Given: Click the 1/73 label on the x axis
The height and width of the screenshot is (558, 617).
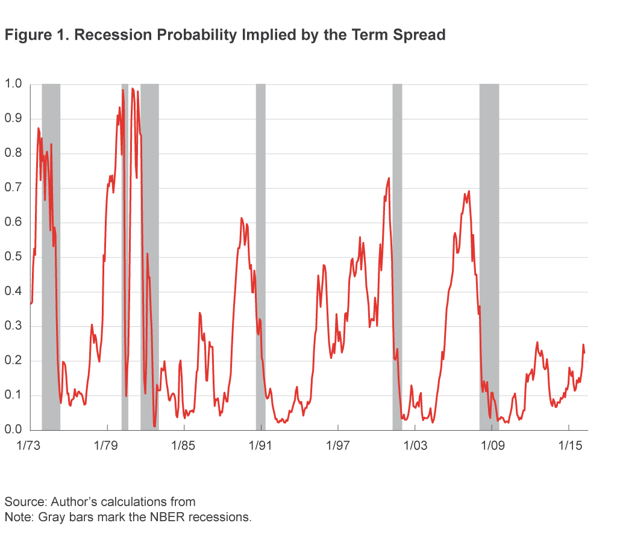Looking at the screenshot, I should [x=30, y=446].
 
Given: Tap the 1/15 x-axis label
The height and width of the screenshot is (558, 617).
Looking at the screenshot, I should [x=569, y=446].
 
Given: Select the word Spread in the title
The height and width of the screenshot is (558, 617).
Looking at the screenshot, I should [x=419, y=35].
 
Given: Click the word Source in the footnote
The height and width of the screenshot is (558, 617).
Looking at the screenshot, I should [x=25, y=501].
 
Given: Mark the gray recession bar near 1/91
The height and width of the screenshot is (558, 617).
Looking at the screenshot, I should [x=260, y=256].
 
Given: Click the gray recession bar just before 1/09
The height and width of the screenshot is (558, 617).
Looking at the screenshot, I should [x=489, y=256].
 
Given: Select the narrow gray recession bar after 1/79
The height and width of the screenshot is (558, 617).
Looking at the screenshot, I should [x=125, y=256].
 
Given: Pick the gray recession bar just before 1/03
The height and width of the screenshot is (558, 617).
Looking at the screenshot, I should [x=397, y=256].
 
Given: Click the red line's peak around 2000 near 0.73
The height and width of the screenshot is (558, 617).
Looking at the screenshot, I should [x=389, y=178].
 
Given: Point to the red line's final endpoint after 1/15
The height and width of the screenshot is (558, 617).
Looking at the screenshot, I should [x=584, y=354].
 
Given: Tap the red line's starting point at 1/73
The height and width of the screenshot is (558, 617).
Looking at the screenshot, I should [x=30, y=303].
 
